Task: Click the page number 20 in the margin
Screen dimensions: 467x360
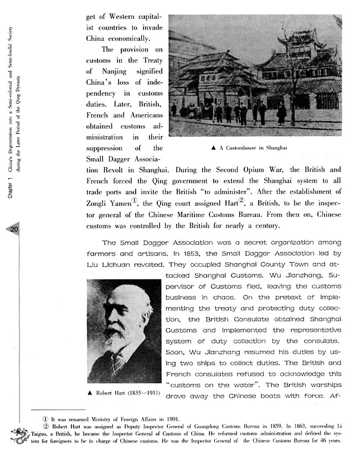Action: [14, 230]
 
